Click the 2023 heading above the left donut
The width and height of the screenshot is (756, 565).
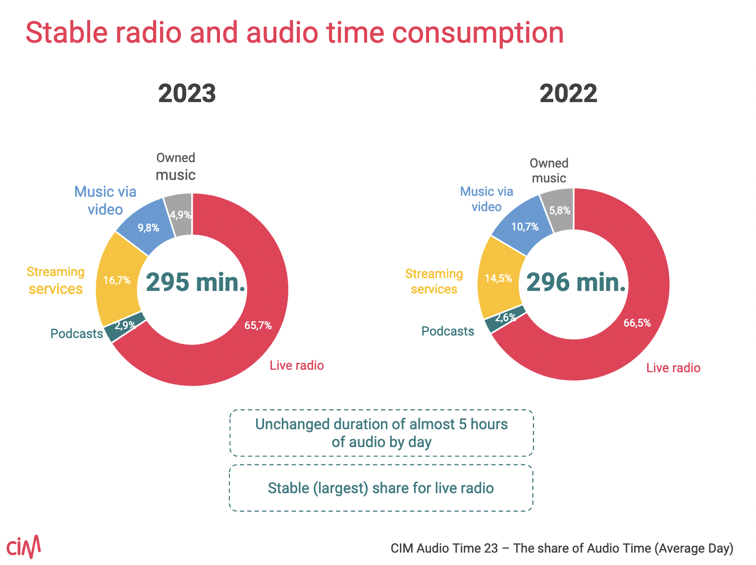(x=187, y=93)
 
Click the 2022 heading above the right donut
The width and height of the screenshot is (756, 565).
(x=568, y=93)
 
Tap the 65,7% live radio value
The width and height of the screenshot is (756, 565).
(x=258, y=326)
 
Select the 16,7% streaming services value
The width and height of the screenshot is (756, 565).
(x=117, y=281)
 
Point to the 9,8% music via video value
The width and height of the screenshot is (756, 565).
(x=148, y=228)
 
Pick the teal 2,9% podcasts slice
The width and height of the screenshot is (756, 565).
(x=124, y=327)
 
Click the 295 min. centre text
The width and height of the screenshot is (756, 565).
(x=196, y=282)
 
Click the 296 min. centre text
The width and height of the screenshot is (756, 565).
(x=576, y=282)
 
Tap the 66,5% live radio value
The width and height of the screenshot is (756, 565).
(x=637, y=323)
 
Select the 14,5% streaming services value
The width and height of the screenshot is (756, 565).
(x=498, y=279)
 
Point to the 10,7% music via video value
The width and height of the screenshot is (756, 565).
(x=525, y=227)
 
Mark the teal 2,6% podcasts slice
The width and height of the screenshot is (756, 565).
(x=505, y=318)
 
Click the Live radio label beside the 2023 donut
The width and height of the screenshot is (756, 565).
(x=297, y=366)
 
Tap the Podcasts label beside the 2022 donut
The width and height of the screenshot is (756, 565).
(x=448, y=331)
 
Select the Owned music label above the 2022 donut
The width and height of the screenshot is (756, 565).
(x=549, y=170)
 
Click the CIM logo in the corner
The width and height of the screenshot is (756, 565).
(x=23, y=547)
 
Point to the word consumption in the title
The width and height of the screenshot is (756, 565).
(x=478, y=33)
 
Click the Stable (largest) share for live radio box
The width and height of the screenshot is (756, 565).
(x=381, y=488)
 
